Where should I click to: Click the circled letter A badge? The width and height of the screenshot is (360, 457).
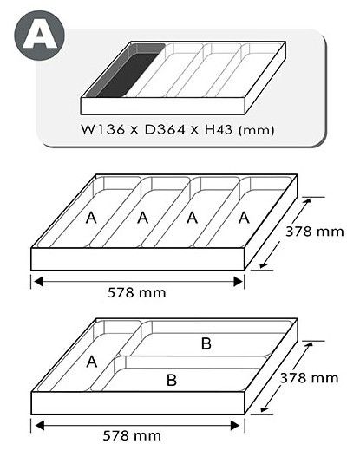(40, 36)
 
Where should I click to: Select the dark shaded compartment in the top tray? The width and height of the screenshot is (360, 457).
(125, 72)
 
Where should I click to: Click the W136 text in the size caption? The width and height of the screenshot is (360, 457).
(102, 129)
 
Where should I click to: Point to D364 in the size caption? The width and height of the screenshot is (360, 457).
(165, 129)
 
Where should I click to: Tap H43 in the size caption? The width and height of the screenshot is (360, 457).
(219, 129)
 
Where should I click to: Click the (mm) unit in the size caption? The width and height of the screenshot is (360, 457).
(256, 130)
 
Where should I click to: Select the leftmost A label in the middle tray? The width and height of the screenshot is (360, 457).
(91, 218)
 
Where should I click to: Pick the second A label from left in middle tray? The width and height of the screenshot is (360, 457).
(142, 218)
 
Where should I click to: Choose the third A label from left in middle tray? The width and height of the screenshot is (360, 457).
(192, 218)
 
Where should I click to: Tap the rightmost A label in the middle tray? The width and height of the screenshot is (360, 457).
(244, 218)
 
